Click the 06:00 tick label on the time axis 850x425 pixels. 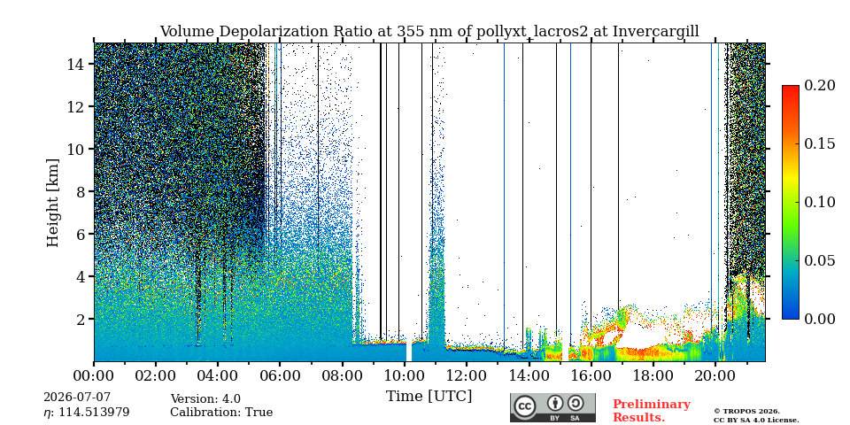click(280, 375)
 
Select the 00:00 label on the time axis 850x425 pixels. click(94, 375)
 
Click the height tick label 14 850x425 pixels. click(76, 65)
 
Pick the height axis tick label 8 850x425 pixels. click(81, 192)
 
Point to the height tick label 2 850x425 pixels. click(81, 320)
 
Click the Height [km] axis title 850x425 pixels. click(52, 203)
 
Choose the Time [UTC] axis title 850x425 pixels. click(429, 397)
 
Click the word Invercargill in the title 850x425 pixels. click(656, 32)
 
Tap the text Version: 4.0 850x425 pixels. click(205, 399)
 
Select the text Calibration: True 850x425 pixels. click(221, 413)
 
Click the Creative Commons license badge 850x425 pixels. click(552, 407)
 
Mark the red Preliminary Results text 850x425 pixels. click(652, 411)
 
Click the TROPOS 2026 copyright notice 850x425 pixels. click(755, 415)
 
